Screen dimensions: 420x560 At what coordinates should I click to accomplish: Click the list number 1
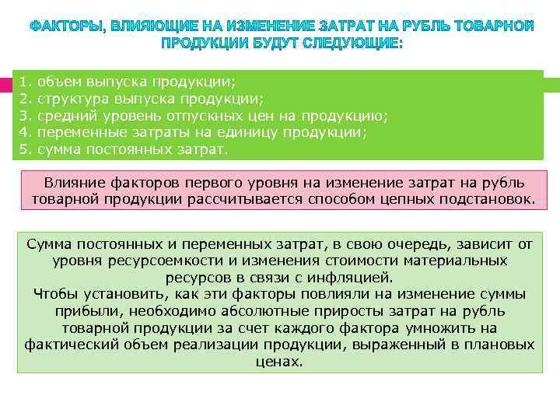click(24, 82)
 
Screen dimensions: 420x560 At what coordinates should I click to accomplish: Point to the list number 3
click(24, 116)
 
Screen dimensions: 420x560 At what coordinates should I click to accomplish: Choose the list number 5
click(24, 149)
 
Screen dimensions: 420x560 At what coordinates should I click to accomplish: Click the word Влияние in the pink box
click(75, 182)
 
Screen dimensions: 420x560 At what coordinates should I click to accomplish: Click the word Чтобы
click(58, 294)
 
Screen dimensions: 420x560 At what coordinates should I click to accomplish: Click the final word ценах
click(279, 362)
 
